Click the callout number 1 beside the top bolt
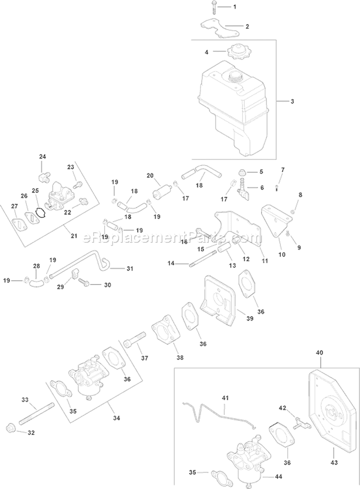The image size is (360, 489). click(x=235, y=7)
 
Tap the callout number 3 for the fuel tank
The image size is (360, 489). click(x=292, y=101)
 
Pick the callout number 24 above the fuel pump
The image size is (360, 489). click(x=42, y=156)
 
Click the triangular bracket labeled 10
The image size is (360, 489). click(x=275, y=224)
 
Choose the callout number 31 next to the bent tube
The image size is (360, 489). click(x=130, y=268)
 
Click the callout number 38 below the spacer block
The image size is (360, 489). click(x=180, y=358)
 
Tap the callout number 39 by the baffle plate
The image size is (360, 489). click(x=250, y=319)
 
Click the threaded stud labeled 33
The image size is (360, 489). click(x=37, y=414)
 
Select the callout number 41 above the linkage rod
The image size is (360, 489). click(x=225, y=398)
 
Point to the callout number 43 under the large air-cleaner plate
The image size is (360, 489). click(x=334, y=463)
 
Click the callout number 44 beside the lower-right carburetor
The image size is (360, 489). click(x=278, y=477)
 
